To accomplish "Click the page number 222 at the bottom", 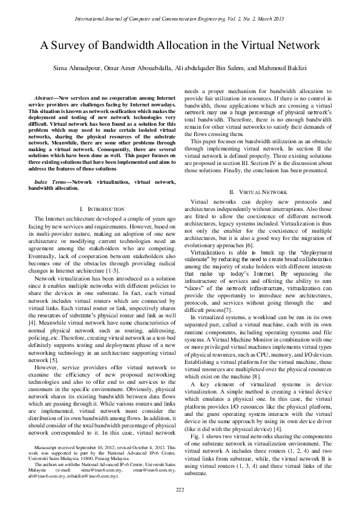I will tap(180, 489).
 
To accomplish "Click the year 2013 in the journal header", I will tap(278, 19).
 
